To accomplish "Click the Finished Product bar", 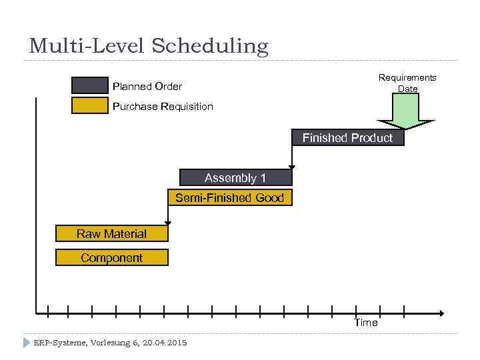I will [x=348, y=138].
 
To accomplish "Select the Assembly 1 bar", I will [x=235, y=177].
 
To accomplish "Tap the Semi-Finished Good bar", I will [x=229, y=198].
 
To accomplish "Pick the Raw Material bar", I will [x=111, y=233].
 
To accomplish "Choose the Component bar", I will [x=111, y=258].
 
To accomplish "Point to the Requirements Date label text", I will [x=407, y=83].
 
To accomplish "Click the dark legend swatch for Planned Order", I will [x=89, y=85].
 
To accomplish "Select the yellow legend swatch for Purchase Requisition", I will [x=89, y=106].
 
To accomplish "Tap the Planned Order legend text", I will [x=147, y=86].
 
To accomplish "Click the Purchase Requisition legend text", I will [x=163, y=107].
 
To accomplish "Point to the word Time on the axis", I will [x=365, y=323].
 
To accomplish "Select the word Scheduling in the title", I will [x=210, y=46].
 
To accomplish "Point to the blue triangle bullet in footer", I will [x=26, y=343].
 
